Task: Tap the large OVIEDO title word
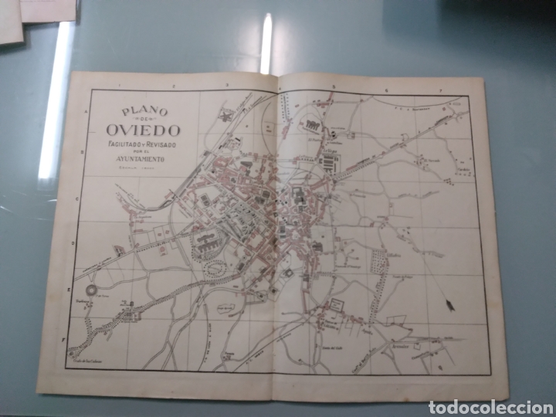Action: pyautogui.click(x=137, y=130)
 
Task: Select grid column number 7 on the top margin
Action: pyautogui.click(x=440, y=91)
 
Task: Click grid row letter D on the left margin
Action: pyautogui.click(x=73, y=244)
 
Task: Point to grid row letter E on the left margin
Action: pyautogui.click(x=69, y=290)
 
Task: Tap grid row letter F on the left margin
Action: pyautogui.click(x=65, y=337)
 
